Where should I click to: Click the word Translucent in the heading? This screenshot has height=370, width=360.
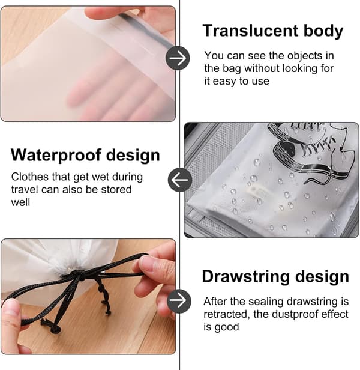point(251,31)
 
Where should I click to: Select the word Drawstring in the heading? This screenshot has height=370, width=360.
point(245,276)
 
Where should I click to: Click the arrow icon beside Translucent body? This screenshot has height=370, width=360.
point(178,58)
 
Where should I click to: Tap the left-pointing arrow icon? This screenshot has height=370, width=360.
point(180,180)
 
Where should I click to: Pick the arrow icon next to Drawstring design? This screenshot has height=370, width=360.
point(179,301)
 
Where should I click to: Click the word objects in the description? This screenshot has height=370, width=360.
point(305,56)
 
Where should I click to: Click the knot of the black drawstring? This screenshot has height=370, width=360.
point(77,275)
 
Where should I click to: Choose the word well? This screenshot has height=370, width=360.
point(20,202)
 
